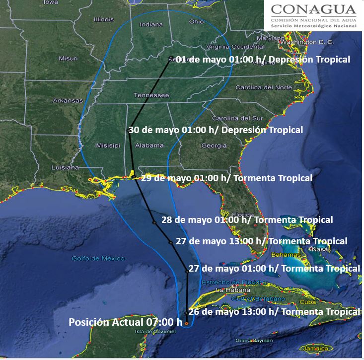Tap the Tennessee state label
151,95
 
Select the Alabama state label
149,145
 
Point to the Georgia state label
214,145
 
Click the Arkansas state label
68,100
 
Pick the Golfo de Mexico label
98,258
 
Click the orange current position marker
186,323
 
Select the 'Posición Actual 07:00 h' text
126,322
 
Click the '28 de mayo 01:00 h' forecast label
247,219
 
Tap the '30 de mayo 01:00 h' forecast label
216,130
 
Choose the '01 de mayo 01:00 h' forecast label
263,59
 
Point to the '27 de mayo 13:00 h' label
261,241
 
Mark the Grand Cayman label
254,340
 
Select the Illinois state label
103,19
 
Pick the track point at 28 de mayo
154,223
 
